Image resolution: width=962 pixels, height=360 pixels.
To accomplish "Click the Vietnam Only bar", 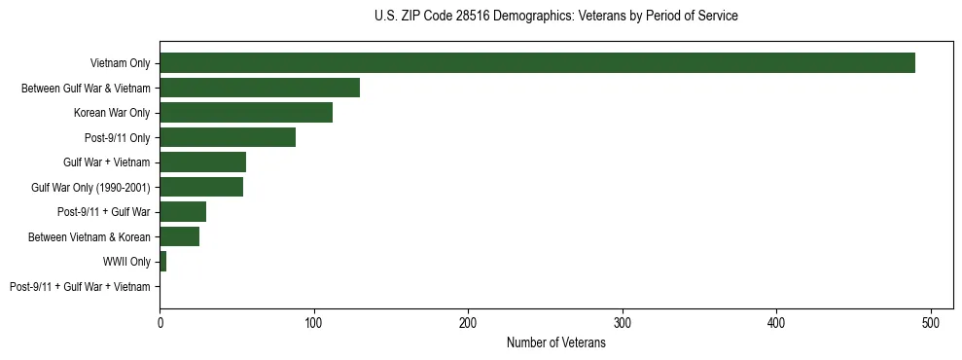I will click(537, 63).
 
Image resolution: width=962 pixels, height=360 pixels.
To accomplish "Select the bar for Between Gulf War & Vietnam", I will click(260, 88).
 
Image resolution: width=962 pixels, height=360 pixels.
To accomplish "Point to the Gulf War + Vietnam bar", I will click(202, 162).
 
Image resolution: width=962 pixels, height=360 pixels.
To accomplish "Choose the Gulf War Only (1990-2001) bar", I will click(201, 187).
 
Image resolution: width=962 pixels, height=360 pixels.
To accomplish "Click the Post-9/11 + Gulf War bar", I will click(183, 212).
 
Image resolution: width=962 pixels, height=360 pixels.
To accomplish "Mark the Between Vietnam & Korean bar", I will click(179, 236).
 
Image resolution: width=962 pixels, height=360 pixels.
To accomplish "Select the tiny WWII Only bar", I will click(162, 262).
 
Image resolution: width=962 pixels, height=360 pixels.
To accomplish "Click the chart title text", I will click(555, 17).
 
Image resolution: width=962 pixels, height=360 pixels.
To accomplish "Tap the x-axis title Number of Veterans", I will click(555, 342).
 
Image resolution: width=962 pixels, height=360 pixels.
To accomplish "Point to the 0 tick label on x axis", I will click(160, 322).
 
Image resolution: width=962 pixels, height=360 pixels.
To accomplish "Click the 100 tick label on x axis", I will click(313, 322).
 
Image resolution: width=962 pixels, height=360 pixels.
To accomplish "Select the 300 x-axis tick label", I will click(623, 322).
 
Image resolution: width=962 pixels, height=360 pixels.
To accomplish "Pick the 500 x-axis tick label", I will click(931, 322).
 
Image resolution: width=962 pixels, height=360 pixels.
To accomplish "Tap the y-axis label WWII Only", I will click(126, 262).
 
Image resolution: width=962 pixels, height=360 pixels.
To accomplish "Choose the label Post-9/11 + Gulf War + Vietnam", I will click(80, 286).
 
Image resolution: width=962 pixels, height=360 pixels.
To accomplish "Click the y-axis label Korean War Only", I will click(112, 113).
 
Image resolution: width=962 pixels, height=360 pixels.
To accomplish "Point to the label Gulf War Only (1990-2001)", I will click(90, 187).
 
